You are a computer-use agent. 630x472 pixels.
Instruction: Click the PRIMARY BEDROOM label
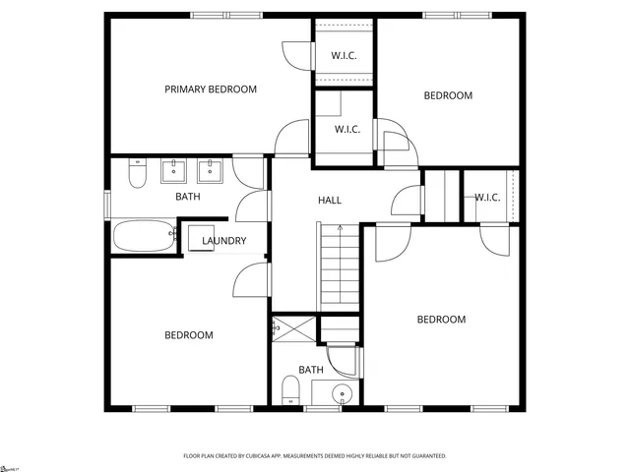click(x=210, y=89)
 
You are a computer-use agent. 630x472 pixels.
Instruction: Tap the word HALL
click(x=330, y=201)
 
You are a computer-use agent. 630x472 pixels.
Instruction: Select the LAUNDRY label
click(x=223, y=241)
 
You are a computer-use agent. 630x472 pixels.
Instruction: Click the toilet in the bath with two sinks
click(x=138, y=174)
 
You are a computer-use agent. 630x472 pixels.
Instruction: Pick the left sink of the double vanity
click(x=174, y=172)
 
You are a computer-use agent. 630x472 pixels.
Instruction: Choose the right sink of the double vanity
click(x=209, y=172)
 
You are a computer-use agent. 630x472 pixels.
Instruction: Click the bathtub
click(x=142, y=236)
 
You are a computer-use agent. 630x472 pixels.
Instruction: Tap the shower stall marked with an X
click(x=294, y=327)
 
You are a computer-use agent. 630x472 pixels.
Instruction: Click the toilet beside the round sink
click(x=290, y=391)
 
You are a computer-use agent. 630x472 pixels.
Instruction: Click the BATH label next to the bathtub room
click(x=188, y=197)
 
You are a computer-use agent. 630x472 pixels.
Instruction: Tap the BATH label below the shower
click(x=311, y=370)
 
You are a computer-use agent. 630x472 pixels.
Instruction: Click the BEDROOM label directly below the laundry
click(x=188, y=335)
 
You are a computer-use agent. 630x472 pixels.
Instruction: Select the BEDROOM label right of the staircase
click(x=440, y=320)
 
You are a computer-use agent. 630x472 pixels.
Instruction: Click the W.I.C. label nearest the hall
click(x=348, y=129)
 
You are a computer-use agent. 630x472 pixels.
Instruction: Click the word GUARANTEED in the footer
click(x=425, y=456)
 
